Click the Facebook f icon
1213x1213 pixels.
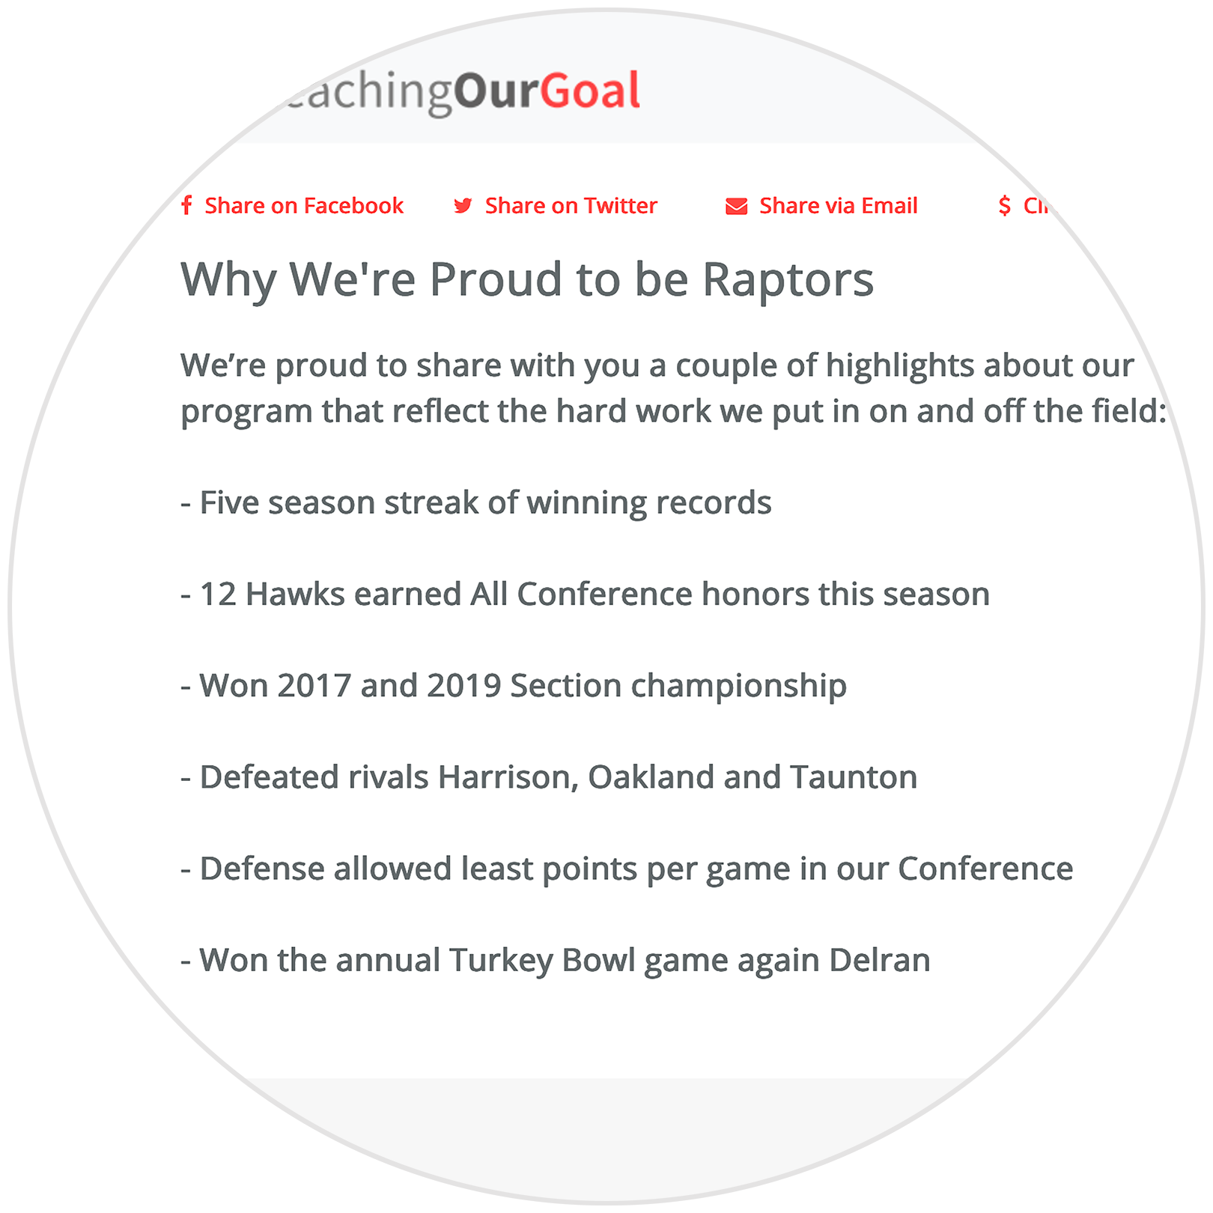pyautogui.click(x=186, y=205)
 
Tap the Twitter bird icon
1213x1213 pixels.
pyautogui.click(x=463, y=206)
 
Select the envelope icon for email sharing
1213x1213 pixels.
pyautogui.click(x=736, y=206)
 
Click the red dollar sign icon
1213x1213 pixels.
pyautogui.click(x=1004, y=205)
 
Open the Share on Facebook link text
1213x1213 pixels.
pyautogui.click(x=303, y=206)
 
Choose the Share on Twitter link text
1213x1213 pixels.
pyautogui.click(x=571, y=206)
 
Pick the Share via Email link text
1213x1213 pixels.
pyautogui.click(x=838, y=206)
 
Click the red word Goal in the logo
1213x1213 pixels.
pyautogui.click(x=590, y=91)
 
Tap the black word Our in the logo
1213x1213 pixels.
pyautogui.click(x=496, y=91)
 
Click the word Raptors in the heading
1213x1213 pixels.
pyautogui.click(x=788, y=280)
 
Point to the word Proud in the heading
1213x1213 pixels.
pyautogui.click(x=496, y=280)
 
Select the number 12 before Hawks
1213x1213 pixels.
pyautogui.click(x=218, y=595)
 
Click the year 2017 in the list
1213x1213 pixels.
pyautogui.click(x=314, y=686)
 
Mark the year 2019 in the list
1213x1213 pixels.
pyautogui.click(x=463, y=686)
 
